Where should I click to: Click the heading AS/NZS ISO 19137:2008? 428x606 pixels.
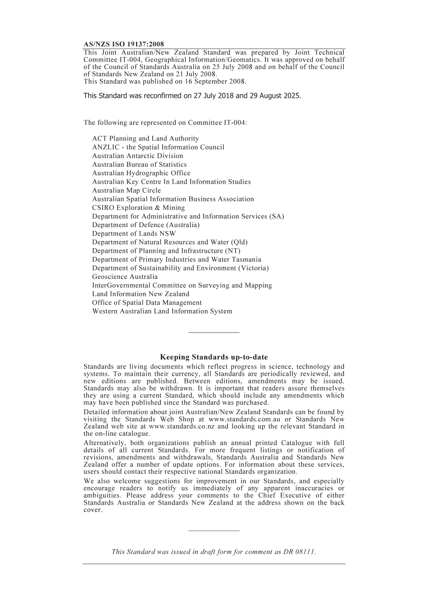(124, 44)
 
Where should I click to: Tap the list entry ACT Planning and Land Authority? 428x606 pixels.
(146, 139)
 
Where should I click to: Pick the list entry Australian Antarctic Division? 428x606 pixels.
(138, 156)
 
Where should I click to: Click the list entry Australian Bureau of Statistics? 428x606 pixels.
(139, 164)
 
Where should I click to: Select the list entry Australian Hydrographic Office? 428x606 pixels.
(141, 173)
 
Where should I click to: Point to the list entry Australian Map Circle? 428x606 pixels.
(127, 190)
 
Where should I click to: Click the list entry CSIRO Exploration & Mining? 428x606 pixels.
(139, 208)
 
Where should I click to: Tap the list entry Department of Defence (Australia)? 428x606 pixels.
(146, 225)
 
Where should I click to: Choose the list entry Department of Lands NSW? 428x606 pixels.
(134, 233)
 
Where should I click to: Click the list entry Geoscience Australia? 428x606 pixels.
(125, 277)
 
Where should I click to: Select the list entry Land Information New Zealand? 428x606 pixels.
(141, 294)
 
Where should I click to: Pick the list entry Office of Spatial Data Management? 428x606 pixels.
(147, 302)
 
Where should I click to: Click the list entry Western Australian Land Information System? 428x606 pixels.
(162, 311)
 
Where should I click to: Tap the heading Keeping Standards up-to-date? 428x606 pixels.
(214, 357)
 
